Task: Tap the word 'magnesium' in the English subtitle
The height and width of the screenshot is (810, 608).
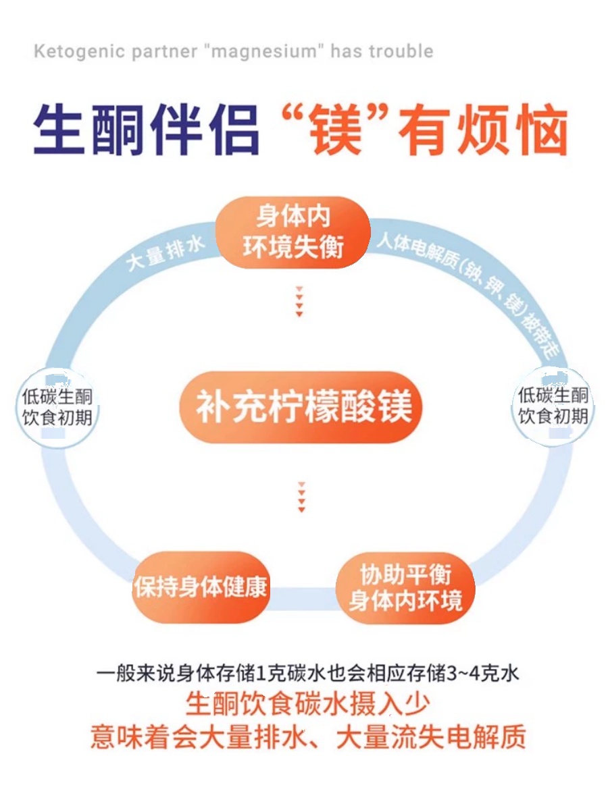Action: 264,52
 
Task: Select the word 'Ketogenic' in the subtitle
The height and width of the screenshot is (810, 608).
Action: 72,52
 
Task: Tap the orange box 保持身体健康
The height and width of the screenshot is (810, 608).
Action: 200,587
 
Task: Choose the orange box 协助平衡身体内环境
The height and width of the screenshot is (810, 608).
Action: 405,587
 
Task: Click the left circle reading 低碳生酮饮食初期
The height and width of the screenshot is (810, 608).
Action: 57,406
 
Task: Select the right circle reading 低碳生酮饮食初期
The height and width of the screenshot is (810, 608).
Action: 553,406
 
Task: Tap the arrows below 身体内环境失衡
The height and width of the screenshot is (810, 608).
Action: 299,301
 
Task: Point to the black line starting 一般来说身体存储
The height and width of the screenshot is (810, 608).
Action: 307,674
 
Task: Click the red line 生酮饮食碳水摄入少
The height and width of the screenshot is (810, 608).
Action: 307,705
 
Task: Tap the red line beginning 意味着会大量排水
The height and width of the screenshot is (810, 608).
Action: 307,736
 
